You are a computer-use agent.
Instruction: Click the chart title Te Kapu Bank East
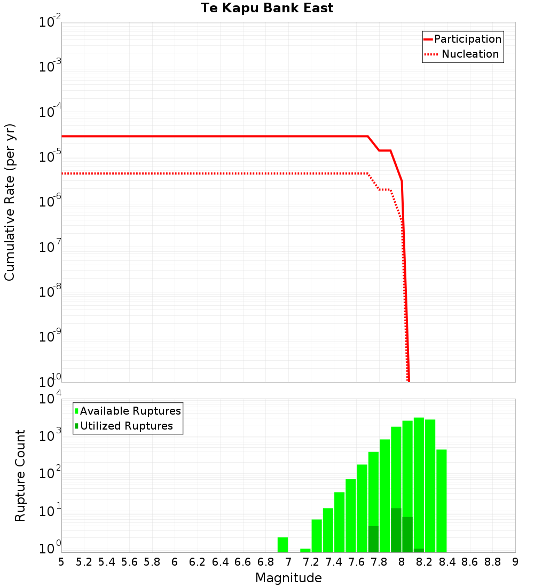tap(267, 9)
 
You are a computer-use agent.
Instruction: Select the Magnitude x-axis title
tap(288, 578)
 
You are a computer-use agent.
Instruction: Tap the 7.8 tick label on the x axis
tap(379, 562)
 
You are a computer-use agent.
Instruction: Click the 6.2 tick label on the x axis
tap(198, 562)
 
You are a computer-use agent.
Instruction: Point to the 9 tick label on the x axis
tap(515, 562)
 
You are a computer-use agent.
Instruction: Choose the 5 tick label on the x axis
tap(61, 562)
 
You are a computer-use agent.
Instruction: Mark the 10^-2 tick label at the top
tap(50, 22)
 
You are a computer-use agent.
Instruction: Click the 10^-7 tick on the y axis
tap(50, 247)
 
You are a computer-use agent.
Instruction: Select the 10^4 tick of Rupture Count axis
tap(50, 399)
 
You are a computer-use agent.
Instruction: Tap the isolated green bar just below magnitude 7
tap(282, 545)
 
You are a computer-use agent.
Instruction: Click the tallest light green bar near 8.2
tap(419, 480)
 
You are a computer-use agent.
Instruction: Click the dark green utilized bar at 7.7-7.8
tap(373, 539)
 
